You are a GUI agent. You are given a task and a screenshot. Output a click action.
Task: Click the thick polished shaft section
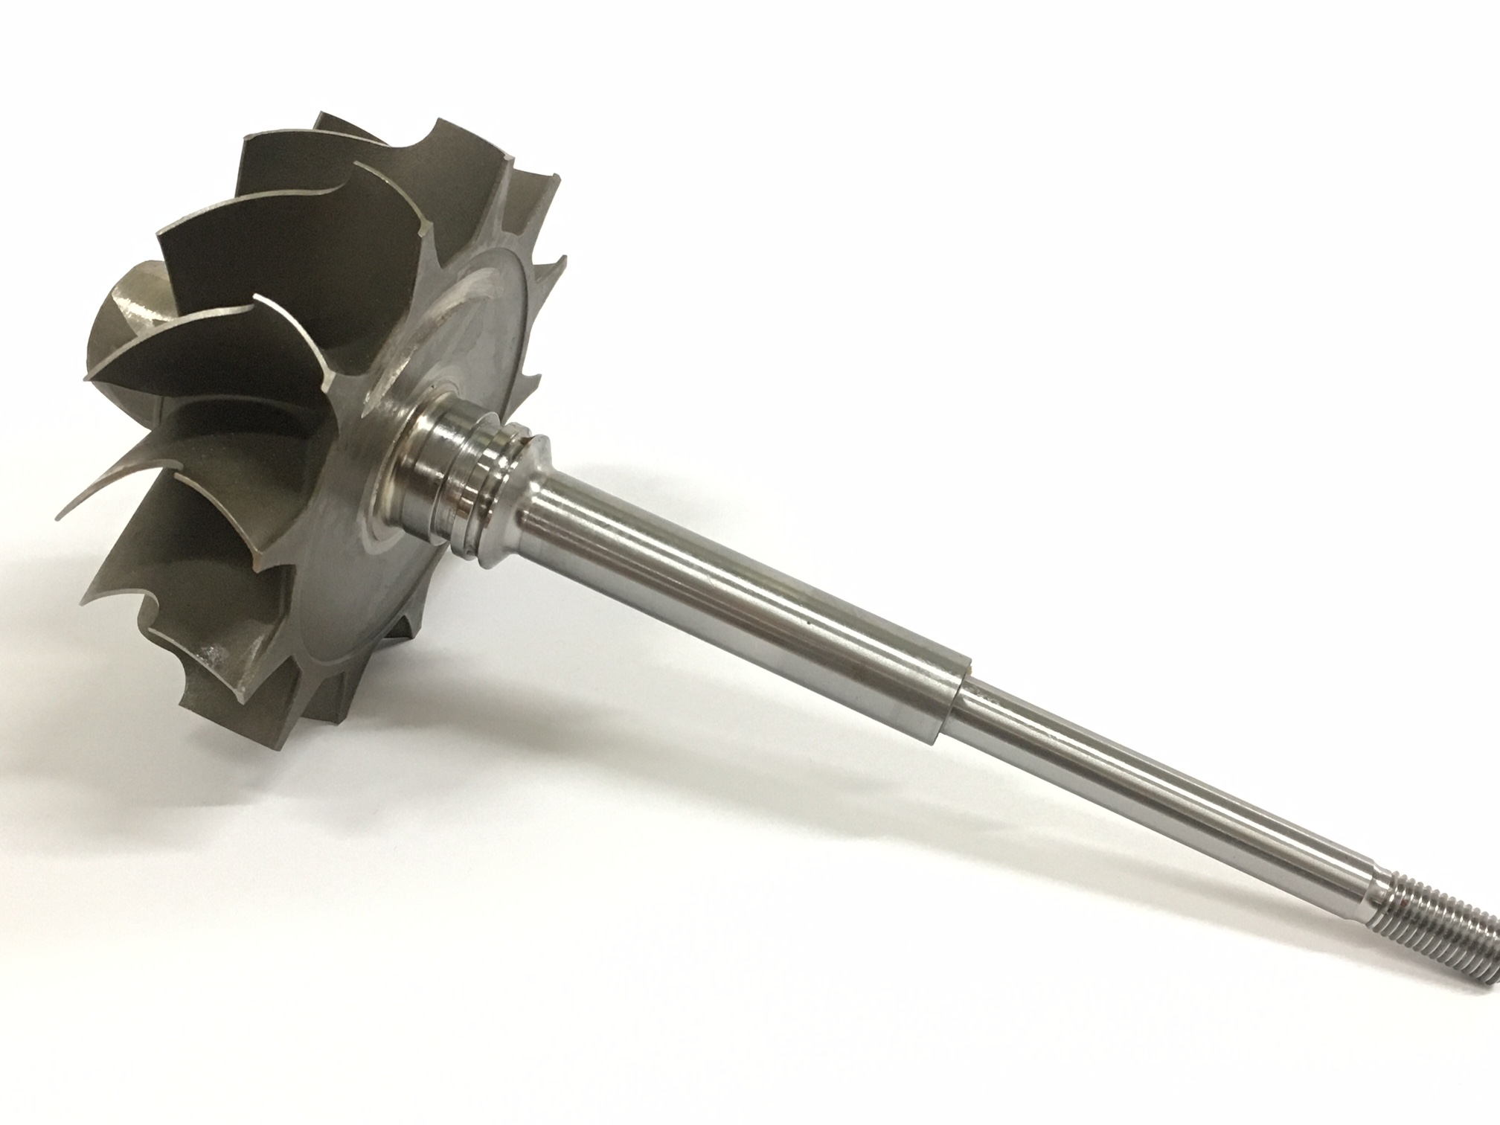[744, 588]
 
